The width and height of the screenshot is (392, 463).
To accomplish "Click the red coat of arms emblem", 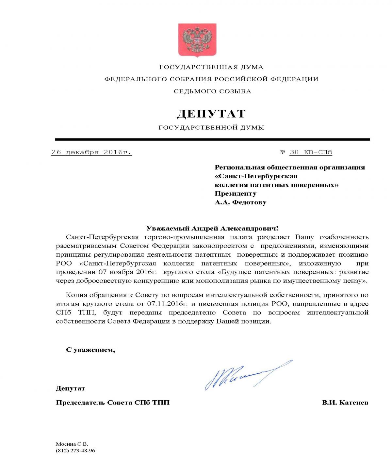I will pyautogui.click(x=197, y=40).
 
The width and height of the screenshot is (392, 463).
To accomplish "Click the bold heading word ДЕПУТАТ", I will pyautogui.click(x=211, y=114).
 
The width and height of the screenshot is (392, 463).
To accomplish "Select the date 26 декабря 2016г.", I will pyautogui.click(x=91, y=152).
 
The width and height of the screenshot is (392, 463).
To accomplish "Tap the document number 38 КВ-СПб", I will pyautogui.click(x=311, y=152).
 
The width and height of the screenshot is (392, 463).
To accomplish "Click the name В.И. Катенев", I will pyautogui.click(x=345, y=403).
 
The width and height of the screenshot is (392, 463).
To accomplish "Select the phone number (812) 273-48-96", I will pyautogui.click(x=75, y=451).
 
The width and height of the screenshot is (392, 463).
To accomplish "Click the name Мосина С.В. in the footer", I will pyautogui.click(x=72, y=444).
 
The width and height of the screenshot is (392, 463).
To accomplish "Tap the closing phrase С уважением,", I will pyautogui.click(x=90, y=350).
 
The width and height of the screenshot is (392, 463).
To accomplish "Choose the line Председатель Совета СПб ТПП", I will pyautogui.click(x=113, y=403).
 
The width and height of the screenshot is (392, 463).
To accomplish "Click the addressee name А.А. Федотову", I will pyautogui.click(x=240, y=202).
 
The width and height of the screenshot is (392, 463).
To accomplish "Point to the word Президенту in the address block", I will pyautogui.click(x=236, y=194).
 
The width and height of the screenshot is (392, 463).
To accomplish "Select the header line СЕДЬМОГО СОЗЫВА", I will pyautogui.click(x=212, y=91).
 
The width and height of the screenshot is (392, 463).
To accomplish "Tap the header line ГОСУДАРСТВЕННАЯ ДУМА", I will pyautogui.click(x=211, y=67).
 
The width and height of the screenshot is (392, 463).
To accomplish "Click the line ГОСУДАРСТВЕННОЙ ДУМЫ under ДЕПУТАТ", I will pyautogui.click(x=211, y=128).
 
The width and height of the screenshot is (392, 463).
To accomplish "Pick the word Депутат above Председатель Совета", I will pyautogui.click(x=71, y=389).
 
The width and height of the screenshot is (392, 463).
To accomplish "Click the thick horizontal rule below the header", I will pyautogui.click(x=212, y=140).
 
